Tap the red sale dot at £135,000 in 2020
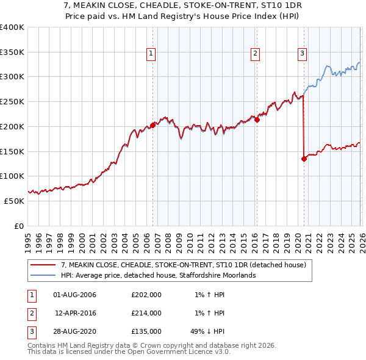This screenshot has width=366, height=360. point(304,159)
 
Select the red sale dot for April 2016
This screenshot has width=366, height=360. point(257,120)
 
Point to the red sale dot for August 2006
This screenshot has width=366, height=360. point(152,126)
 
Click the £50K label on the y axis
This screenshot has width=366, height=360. point(14,201)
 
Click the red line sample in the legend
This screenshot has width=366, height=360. point(43,265)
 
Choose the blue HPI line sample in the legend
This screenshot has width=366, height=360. point(43,275)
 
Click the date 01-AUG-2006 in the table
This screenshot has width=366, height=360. point(74,295)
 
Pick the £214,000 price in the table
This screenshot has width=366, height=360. point(146,313)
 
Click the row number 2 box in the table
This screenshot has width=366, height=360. point(29,313)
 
